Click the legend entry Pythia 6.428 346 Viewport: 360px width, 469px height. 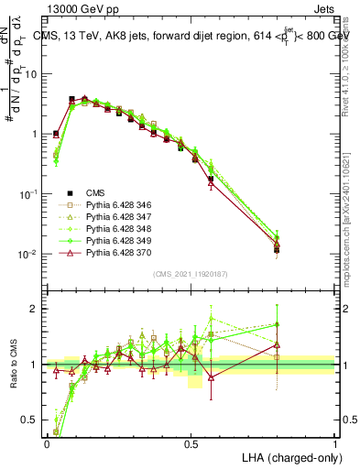(x=116, y=203)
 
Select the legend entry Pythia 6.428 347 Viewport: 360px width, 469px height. (x=116, y=215)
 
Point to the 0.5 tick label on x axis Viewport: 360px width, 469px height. (x=191, y=442)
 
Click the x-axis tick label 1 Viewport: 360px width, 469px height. (x=334, y=442)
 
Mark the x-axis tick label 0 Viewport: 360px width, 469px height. (x=47, y=442)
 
